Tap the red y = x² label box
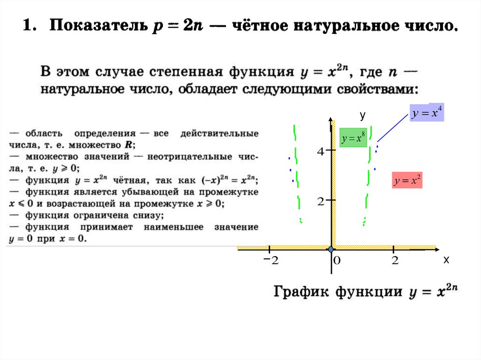point(407,181)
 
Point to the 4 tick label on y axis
point(321,152)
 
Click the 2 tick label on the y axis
point(321,202)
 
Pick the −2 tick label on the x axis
point(271,260)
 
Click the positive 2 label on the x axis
point(395,261)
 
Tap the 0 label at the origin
point(336,261)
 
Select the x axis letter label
point(446,260)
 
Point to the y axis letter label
point(362,115)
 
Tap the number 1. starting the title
point(30,26)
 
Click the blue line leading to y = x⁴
point(393,127)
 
